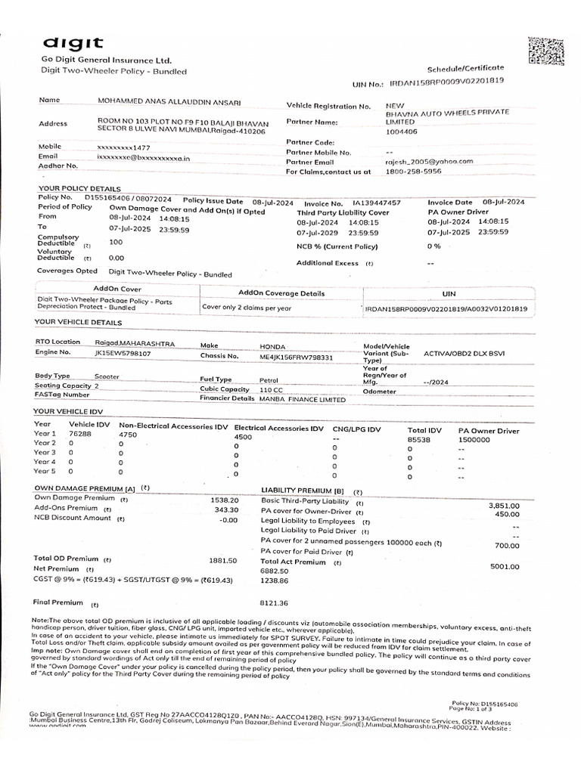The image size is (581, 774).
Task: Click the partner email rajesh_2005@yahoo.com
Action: click(429, 161)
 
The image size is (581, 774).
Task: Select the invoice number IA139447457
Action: click(377, 203)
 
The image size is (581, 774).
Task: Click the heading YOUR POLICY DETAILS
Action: click(79, 188)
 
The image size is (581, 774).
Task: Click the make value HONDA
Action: click(272, 345)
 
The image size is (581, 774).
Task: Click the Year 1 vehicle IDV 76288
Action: click(80, 434)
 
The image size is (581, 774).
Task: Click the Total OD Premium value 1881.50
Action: click(222, 561)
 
